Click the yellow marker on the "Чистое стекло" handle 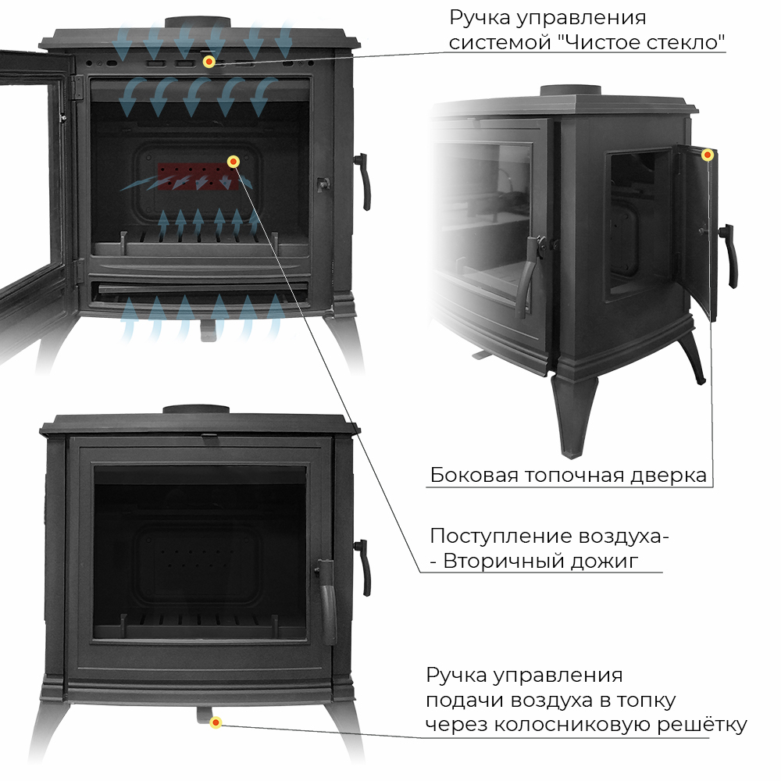pos(209,62)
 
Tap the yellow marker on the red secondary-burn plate pos(233,162)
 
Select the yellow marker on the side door pos(707,155)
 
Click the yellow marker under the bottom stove pos(216,722)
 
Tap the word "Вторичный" pos(504,561)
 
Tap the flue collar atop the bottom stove pos(196,411)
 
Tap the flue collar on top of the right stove pos(571,91)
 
